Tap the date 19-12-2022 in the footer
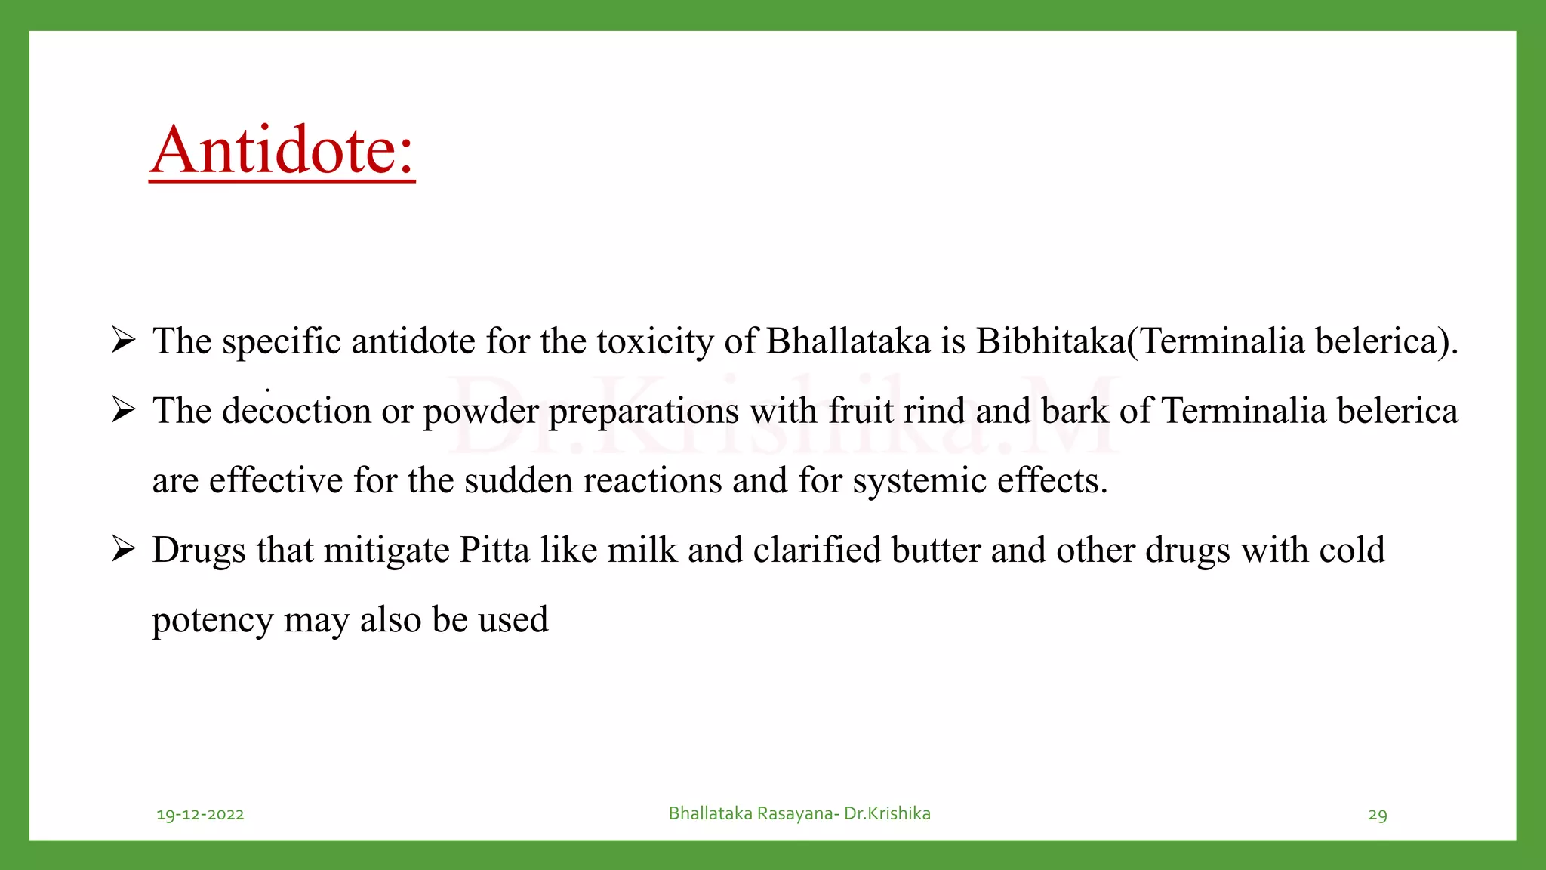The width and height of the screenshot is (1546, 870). (x=200, y=814)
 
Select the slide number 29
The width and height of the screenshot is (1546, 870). (x=1378, y=815)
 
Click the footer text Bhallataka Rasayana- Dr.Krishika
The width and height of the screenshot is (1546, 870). (x=799, y=813)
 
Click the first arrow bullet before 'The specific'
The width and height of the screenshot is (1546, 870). (x=123, y=340)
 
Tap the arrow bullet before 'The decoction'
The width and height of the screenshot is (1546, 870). (x=123, y=409)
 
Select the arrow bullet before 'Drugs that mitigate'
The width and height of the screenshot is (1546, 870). (x=123, y=548)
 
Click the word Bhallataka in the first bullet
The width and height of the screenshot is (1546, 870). (x=848, y=341)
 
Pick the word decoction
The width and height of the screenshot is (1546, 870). (x=296, y=411)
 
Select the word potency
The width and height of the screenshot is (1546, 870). (x=212, y=621)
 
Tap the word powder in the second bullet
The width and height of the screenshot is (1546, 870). (x=480, y=412)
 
